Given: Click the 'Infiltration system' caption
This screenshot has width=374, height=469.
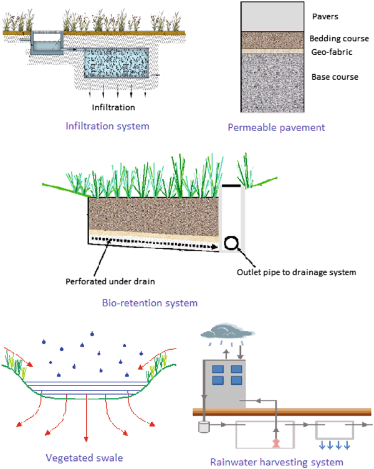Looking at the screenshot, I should [108, 125].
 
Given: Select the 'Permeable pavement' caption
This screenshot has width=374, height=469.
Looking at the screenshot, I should [276, 127].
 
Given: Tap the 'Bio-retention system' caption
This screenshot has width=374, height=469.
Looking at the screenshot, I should [150, 303].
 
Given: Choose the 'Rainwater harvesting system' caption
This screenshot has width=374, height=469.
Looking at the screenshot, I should [277, 462].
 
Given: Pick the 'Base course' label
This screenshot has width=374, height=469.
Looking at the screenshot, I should [335, 77].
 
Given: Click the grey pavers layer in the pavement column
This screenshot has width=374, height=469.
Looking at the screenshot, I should [272, 16].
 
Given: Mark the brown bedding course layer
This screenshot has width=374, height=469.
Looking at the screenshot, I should [272, 39].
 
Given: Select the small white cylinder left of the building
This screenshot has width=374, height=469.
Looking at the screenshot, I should [203, 428].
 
